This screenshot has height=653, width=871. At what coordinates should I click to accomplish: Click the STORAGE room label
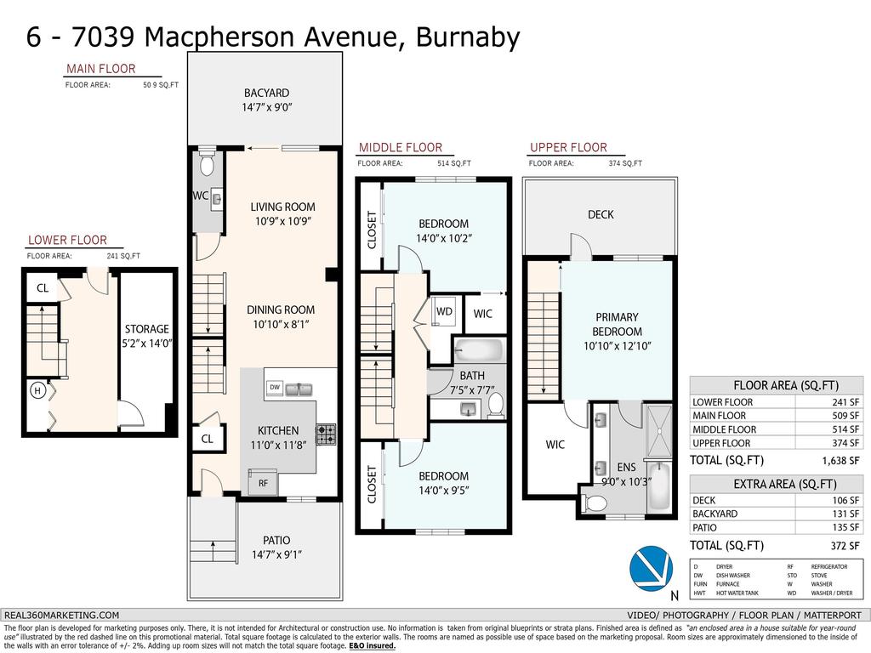[147, 329]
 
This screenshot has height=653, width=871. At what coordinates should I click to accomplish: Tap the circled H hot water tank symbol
[37, 391]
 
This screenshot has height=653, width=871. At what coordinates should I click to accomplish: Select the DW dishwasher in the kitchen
[274, 387]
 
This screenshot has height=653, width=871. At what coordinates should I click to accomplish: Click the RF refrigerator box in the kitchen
[263, 483]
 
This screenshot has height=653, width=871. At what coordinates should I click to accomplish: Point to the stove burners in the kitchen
[326, 434]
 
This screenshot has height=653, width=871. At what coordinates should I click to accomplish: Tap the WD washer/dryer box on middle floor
[444, 311]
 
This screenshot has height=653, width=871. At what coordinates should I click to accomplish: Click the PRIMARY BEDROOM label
[618, 325]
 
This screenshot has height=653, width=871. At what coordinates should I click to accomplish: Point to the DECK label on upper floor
[601, 215]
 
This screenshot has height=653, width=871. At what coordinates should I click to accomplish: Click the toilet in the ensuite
[596, 503]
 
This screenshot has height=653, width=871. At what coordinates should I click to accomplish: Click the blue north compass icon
[650, 568]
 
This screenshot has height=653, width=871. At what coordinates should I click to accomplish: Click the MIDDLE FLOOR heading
[400, 147]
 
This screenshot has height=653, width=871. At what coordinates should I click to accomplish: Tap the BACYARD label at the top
[266, 93]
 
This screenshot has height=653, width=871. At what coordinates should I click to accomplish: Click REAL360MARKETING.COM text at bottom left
[62, 615]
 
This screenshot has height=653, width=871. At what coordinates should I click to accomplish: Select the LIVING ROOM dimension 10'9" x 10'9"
[282, 221]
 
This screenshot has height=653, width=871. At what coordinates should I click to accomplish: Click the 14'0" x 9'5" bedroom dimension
[443, 490]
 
